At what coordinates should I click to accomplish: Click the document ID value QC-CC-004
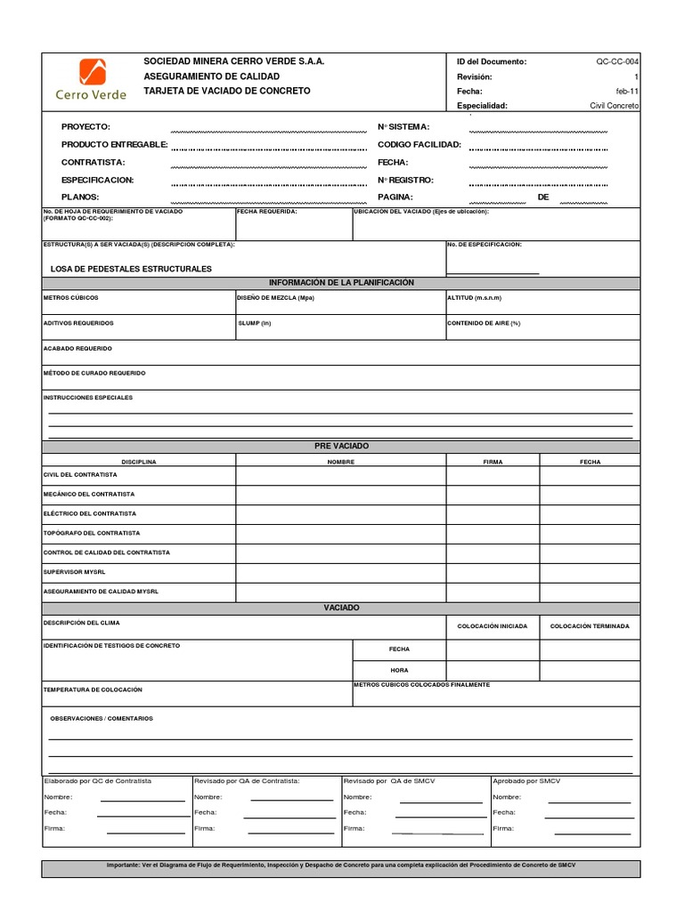tap(616, 62)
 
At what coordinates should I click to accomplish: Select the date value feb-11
tap(627, 91)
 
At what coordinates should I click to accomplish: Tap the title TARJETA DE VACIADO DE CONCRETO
tap(227, 91)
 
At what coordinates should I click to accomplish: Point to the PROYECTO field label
tap(85, 127)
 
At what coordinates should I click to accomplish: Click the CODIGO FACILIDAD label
tap(419, 144)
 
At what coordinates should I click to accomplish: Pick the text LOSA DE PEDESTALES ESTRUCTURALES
tap(131, 269)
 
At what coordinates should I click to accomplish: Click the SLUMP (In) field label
tap(254, 323)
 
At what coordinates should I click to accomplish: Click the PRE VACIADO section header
tap(341, 445)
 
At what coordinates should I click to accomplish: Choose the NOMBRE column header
tap(340, 462)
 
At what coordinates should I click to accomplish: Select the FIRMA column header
tap(493, 462)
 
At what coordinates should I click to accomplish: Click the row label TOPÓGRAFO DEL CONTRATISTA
tap(92, 533)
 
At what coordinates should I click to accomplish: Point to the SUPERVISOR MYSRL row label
tap(75, 572)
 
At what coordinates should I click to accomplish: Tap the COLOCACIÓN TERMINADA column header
tap(590, 626)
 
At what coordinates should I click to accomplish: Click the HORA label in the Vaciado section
tap(399, 670)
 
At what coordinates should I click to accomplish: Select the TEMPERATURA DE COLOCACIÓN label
tap(93, 689)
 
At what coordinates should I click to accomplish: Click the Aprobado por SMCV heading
tap(526, 780)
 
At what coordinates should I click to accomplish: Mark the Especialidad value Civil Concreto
tap(614, 105)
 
